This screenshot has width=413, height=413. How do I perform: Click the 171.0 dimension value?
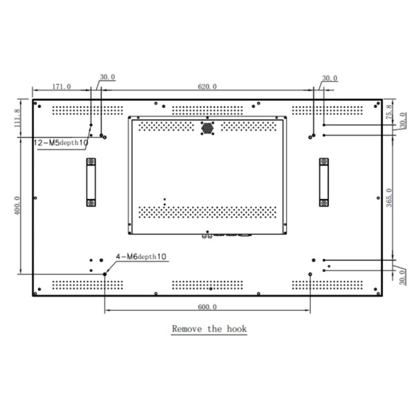click(61, 86)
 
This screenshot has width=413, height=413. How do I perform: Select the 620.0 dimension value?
click(207, 86)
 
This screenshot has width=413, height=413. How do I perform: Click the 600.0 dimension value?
click(206, 307)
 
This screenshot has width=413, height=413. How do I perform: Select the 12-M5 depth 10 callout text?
click(61, 143)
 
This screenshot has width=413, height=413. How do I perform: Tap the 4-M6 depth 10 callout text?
click(141, 256)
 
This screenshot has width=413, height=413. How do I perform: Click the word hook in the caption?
click(235, 329)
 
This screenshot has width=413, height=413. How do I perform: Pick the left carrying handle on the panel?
click(90, 182)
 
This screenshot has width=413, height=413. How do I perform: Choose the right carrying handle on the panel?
click(324, 182)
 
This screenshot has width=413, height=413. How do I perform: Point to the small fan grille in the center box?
click(207, 127)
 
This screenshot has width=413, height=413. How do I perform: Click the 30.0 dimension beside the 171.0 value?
click(107, 78)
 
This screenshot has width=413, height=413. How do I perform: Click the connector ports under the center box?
click(227, 235)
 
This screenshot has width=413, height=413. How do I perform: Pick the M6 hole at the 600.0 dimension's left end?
click(105, 274)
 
